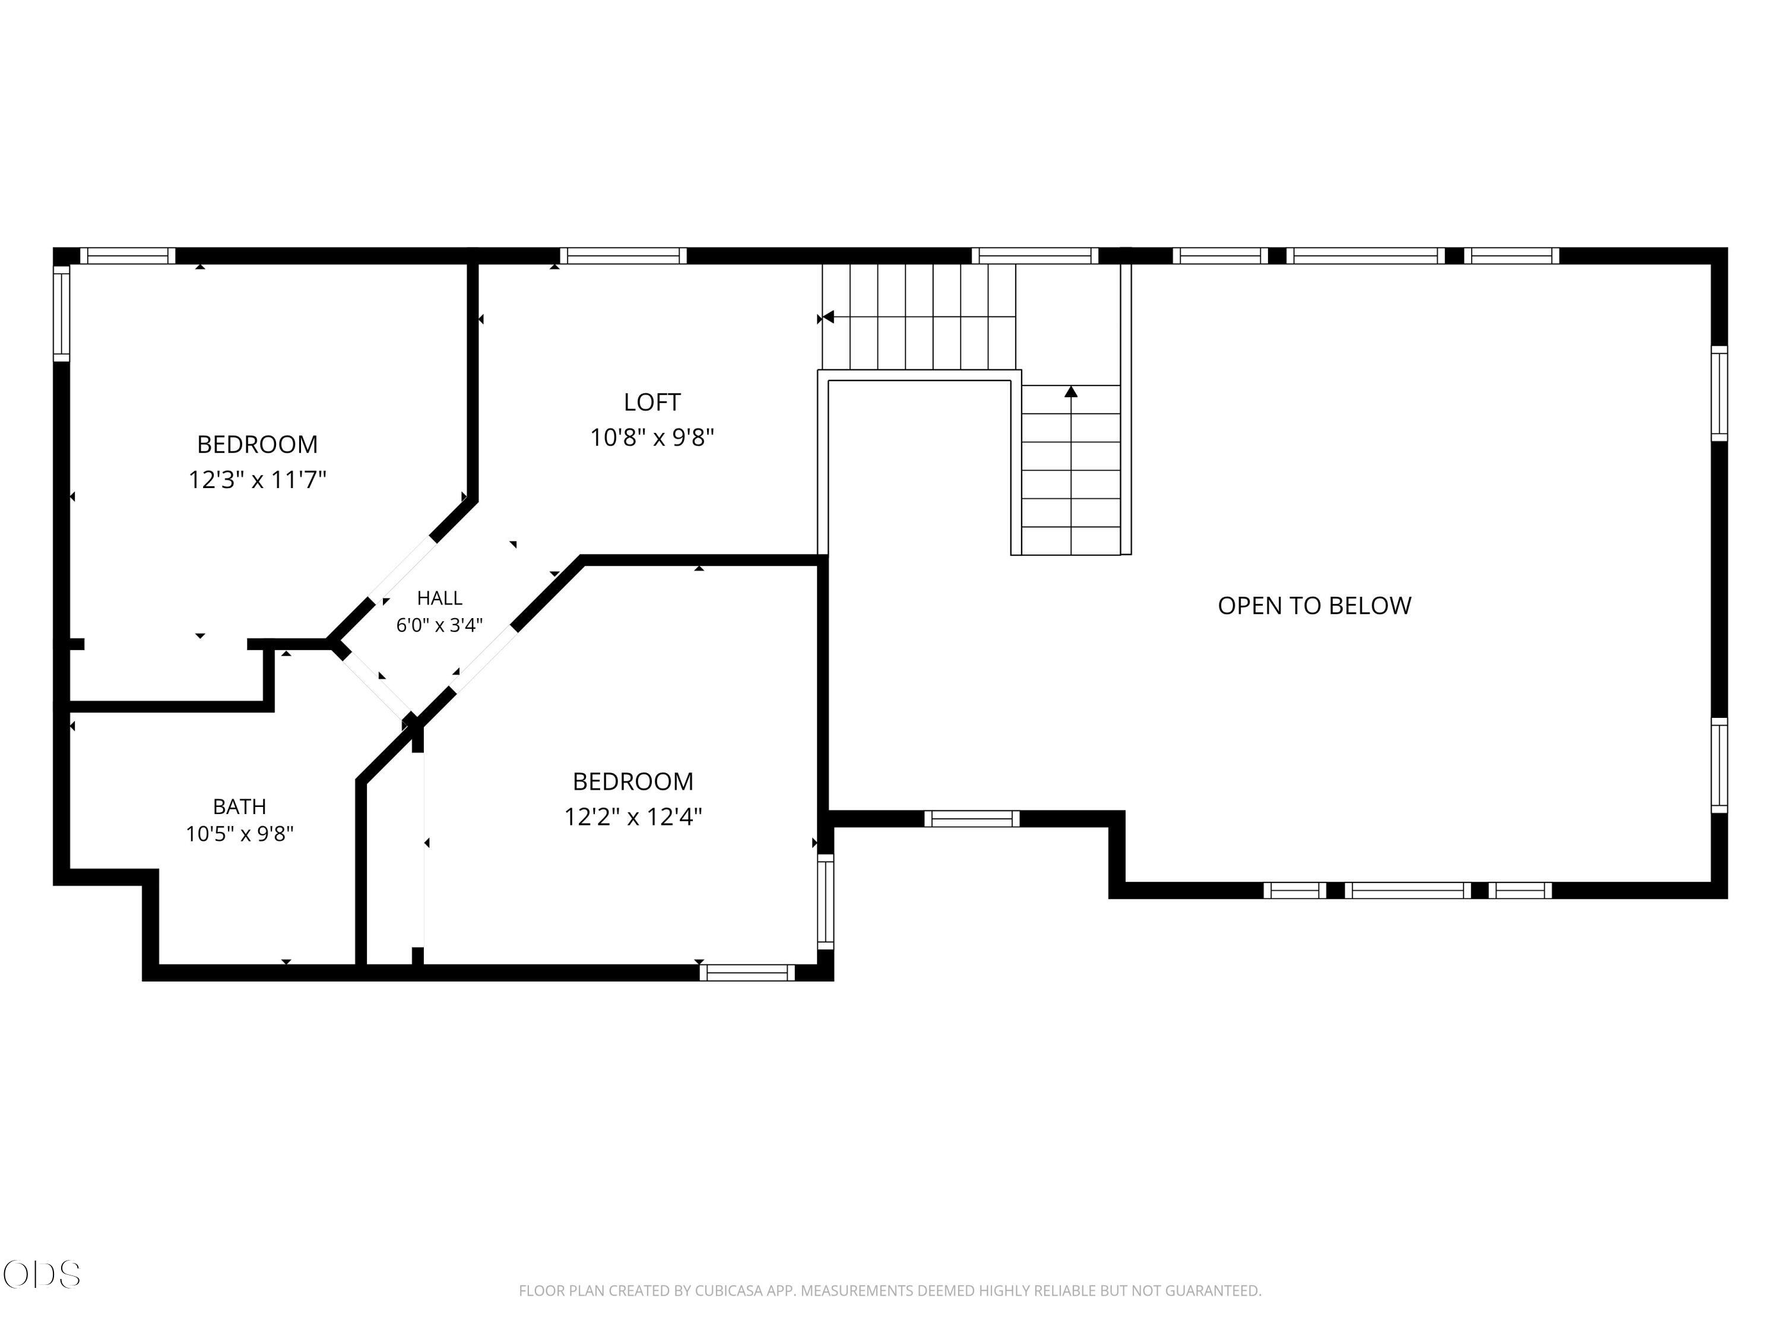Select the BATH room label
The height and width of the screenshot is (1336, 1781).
pyautogui.click(x=239, y=806)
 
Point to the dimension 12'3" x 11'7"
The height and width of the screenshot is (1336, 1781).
pyautogui.click(x=257, y=480)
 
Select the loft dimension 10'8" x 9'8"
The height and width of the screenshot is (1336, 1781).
pyautogui.click(x=652, y=437)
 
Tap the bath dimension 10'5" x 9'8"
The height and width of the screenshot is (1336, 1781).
pyautogui.click(x=239, y=834)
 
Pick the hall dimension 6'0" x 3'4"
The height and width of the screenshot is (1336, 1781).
pyautogui.click(x=440, y=625)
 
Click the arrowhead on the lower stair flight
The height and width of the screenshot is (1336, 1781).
pyautogui.click(x=1071, y=391)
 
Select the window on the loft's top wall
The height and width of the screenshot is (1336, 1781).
pyautogui.click(x=623, y=256)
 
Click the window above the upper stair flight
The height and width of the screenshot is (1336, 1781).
pyautogui.click(x=1035, y=256)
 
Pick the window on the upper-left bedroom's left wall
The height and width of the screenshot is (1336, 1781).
pyautogui.click(x=61, y=314)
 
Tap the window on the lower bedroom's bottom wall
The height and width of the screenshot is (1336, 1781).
pyautogui.click(x=747, y=973)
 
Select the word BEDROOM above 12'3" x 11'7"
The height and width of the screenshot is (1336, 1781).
pyautogui.click(x=257, y=445)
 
